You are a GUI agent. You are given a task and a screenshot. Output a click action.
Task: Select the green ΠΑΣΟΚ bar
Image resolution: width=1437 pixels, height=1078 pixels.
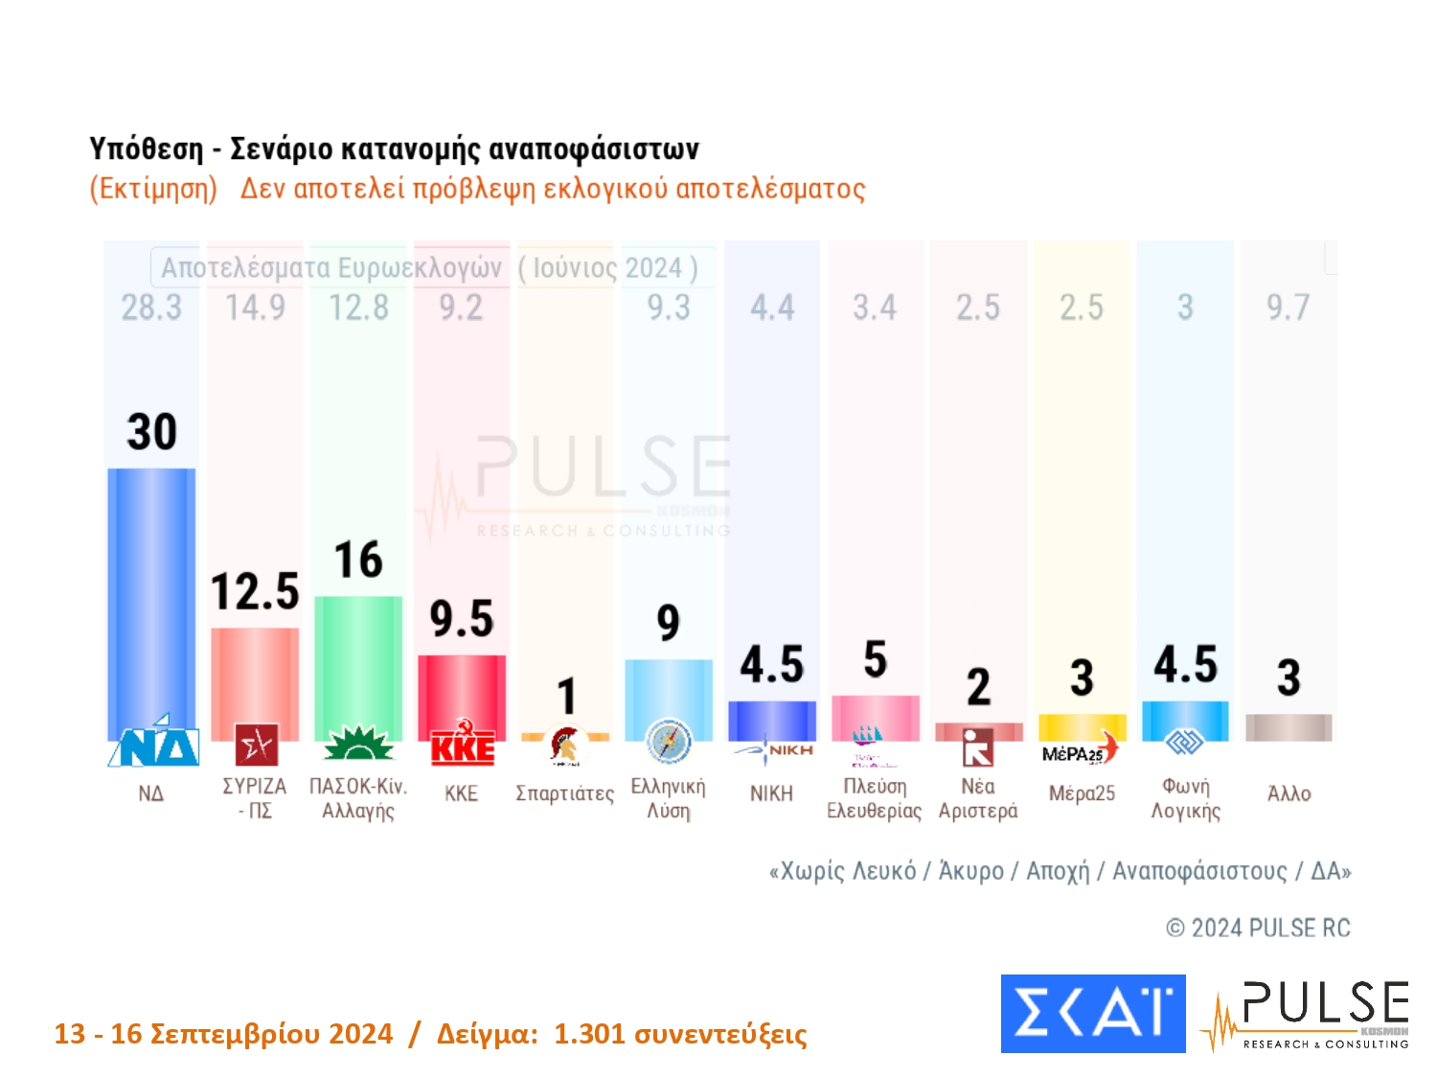[x=358, y=666]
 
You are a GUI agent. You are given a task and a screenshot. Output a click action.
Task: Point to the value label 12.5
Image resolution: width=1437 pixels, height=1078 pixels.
[x=255, y=591]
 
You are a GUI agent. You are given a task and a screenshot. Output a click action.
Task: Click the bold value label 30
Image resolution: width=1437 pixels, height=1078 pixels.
[x=152, y=432]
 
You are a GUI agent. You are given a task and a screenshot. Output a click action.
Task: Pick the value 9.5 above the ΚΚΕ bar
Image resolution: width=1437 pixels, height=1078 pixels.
[x=462, y=619]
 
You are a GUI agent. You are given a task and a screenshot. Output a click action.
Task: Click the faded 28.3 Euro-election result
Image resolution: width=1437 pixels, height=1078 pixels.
[x=151, y=308]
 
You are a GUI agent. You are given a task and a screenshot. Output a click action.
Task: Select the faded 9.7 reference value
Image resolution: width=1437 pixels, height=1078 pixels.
[x=1288, y=308]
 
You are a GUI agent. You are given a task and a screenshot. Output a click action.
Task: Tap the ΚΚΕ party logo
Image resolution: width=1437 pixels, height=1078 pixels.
[x=462, y=746]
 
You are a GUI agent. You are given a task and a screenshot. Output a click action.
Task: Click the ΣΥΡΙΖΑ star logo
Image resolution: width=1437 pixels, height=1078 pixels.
[x=256, y=745]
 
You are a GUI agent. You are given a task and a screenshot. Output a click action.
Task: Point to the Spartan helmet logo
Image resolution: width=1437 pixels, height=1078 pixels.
[x=565, y=745]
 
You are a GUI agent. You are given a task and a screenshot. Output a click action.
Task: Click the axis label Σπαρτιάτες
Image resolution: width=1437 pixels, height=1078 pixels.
[x=565, y=794]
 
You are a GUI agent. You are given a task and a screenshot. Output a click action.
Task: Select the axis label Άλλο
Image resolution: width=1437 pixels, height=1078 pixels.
[x=1289, y=794]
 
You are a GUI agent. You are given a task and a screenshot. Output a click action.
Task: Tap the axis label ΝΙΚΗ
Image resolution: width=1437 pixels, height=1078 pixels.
[x=771, y=794]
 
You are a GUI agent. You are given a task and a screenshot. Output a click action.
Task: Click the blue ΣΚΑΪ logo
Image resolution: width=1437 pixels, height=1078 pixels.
[x=1093, y=1014]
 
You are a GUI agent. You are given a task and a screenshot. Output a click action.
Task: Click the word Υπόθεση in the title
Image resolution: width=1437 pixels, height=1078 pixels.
[x=147, y=149]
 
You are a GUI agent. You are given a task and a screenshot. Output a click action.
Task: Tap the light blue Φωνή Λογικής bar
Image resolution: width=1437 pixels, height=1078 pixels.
[x=1185, y=721]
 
